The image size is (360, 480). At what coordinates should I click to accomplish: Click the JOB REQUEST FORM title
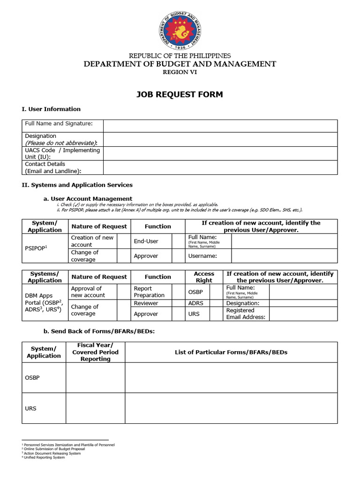pyautogui.click(x=180, y=95)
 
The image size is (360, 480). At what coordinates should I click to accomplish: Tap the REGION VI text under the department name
pyautogui.click(x=180, y=72)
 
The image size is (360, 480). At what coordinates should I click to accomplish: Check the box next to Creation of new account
pyautogui.click(x=123, y=241)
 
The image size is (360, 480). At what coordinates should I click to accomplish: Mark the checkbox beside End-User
pyautogui.click(x=178, y=241)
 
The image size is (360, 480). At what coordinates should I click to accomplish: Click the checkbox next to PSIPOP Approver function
pyautogui.click(x=178, y=256)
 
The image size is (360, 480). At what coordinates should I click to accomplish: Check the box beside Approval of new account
pyautogui.click(x=124, y=292)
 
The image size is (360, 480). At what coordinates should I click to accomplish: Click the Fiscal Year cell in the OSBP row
pyautogui.click(x=95, y=378)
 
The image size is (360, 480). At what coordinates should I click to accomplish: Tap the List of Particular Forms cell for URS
pyautogui.click(x=231, y=408)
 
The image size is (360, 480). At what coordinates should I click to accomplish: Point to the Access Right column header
pyautogui.click(x=204, y=277)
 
